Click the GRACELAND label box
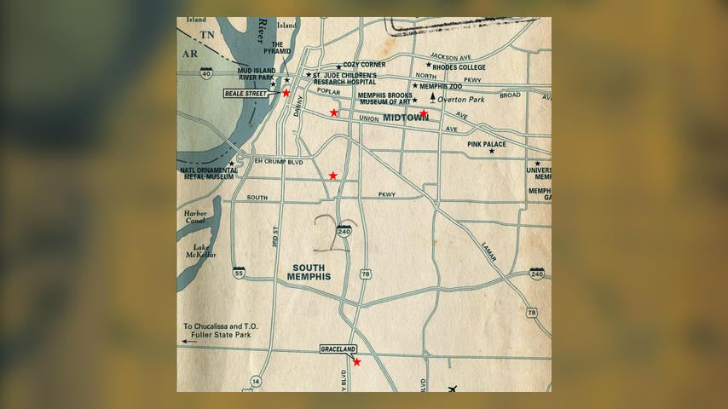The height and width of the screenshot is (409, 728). tap(338, 349)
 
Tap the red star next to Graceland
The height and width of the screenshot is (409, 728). tap(356, 362)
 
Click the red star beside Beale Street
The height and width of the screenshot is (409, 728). tap(286, 93)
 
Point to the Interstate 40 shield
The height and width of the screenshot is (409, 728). tap(206, 74)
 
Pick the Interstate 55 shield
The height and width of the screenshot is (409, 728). tap(240, 273)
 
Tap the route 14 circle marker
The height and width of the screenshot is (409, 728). tap(255, 381)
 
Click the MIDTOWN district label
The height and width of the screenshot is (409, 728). tap(406, 118)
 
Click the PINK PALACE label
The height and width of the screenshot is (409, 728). tap(487, 145)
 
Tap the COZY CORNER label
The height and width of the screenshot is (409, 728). tap(364, 65)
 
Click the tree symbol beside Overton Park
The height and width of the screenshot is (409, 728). tap(432, 99)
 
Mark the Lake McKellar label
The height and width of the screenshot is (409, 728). tap(201, 251)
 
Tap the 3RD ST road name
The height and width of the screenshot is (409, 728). tap(276, 236)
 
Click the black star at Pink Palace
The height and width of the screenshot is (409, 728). tap(491, 152)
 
